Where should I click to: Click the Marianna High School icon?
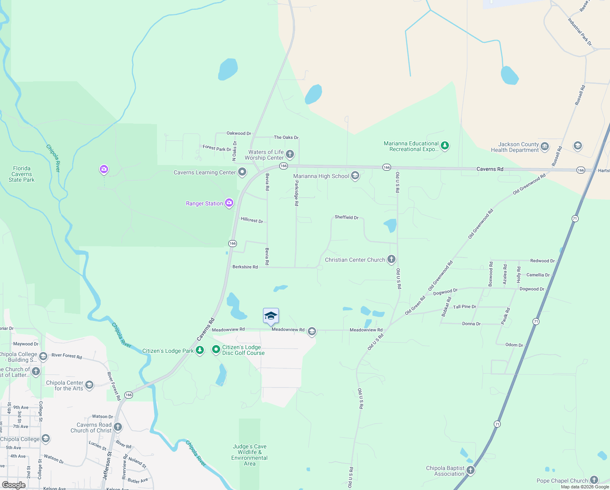coord(355,176)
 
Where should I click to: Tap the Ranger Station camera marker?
coord(229,203)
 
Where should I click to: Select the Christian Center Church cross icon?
coord(391,259)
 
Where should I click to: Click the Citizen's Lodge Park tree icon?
coord(200,350)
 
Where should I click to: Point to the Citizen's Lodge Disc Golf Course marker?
coord(216,350)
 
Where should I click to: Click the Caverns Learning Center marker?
coord(242,172)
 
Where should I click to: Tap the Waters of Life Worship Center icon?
coord(290,154)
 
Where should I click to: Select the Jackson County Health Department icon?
coord(545,146)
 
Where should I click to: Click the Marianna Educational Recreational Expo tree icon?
coord(445,146)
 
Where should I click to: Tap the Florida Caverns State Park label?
coord(22,174)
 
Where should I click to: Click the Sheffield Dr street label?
coord(347,217)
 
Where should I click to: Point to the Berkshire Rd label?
coord(245,267)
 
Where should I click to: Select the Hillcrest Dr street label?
coord(252,220)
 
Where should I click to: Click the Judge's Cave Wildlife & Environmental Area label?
coord(250,455)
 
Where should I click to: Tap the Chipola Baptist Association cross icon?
coord(471,470)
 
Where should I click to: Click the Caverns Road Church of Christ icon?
coord(118,427)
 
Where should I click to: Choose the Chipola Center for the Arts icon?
coord(89,385)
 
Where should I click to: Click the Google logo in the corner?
coord(14,485)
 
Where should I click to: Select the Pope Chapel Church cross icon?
coord(594,480)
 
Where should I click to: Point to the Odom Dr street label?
coord(514,345)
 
